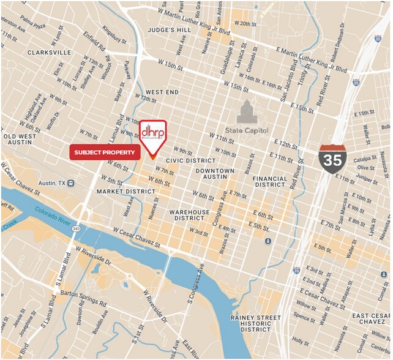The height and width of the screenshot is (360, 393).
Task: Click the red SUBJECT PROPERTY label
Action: pos(105,152)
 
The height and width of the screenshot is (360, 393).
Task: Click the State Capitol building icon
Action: pos(246,111)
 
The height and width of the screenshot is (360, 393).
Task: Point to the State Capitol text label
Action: pos(246,129)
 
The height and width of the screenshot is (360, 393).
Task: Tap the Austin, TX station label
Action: pos(56,183)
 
